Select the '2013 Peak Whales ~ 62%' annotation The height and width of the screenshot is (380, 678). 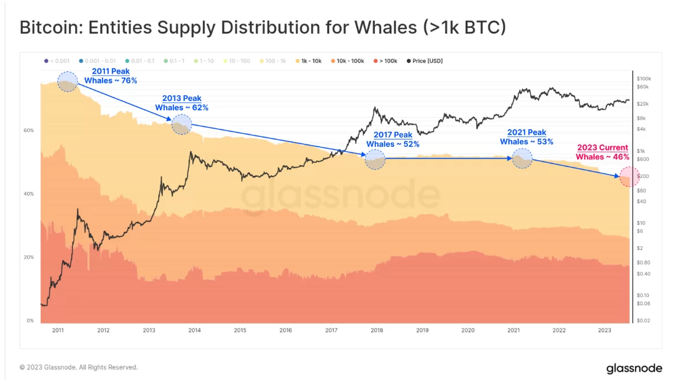[x=181, y=103]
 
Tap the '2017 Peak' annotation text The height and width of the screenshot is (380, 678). [x=392, y=135]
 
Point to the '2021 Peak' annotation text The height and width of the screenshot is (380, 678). [x=526, y=133]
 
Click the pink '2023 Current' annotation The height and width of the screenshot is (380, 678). [x=602, y=148]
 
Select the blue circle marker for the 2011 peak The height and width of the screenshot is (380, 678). [x=67, y=82]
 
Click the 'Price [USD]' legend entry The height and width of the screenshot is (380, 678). [x=425, y=60]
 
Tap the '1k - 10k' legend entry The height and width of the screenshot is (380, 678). [x=310, y=60]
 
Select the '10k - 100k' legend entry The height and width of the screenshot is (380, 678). [x=347, y=60]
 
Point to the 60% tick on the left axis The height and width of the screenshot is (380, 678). [x=28, y=131]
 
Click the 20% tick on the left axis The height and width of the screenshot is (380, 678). [x=28, y=257]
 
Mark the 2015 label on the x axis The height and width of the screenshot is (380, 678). [x=240, y=330]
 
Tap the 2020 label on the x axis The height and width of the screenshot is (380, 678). [x=468, y=330]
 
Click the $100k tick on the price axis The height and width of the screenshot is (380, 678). [x=644, y=78]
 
